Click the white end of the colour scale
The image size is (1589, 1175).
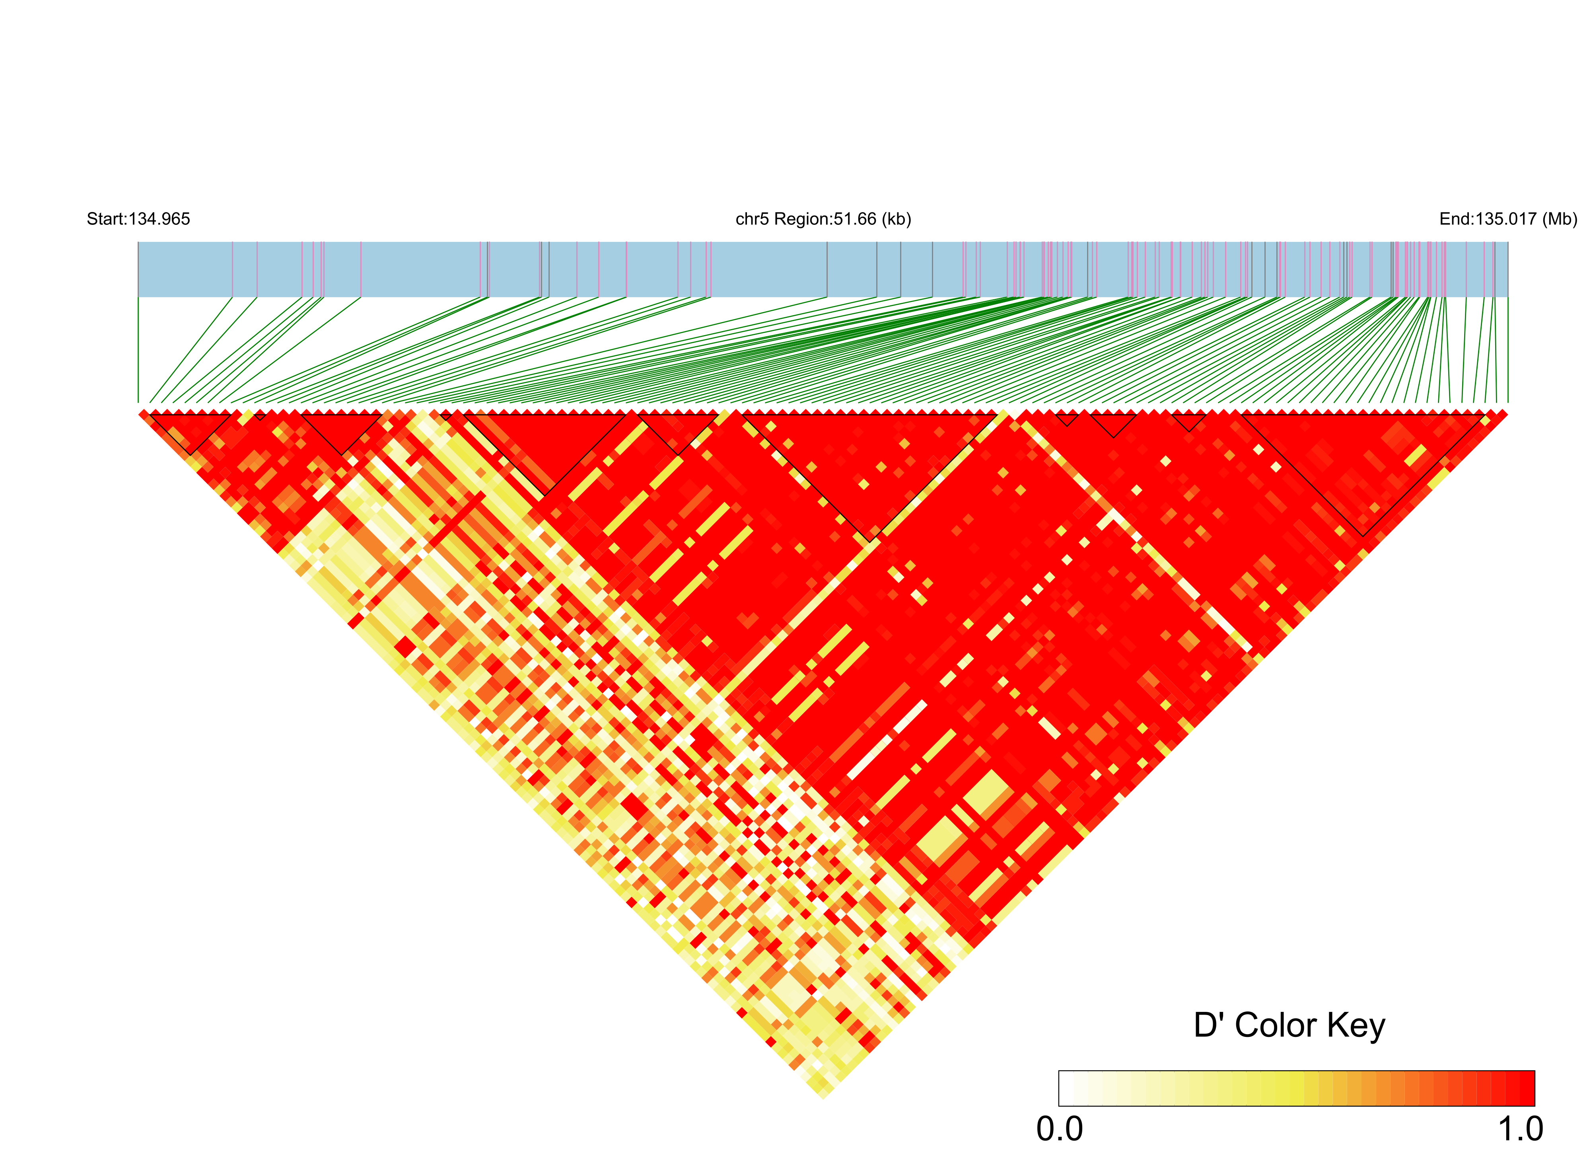[1066, 1088]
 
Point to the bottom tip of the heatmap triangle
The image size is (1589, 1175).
[823, 1097]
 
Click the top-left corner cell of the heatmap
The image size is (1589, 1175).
[144, 414]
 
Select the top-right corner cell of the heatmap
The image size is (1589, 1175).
[1501, 414]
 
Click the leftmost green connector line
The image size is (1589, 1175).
[138, 349]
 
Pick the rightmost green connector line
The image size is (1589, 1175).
[1507, 349]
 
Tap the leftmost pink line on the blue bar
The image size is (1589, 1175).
[233, 269]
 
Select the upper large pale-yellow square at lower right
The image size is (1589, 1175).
[988, 793]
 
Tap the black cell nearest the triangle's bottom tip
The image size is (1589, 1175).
[817, 1065]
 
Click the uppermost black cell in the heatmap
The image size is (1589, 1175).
[382, 467]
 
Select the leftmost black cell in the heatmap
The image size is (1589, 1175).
[318, 565]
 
